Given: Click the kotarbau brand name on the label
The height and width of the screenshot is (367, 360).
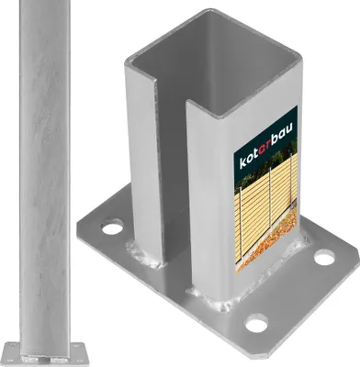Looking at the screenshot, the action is point(265,146).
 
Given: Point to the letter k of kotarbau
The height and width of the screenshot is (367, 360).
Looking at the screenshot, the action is point(242,161).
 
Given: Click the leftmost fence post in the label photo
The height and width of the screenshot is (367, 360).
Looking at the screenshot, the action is point(242,225).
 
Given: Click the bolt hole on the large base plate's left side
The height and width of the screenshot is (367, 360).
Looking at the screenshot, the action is point(111,228).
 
